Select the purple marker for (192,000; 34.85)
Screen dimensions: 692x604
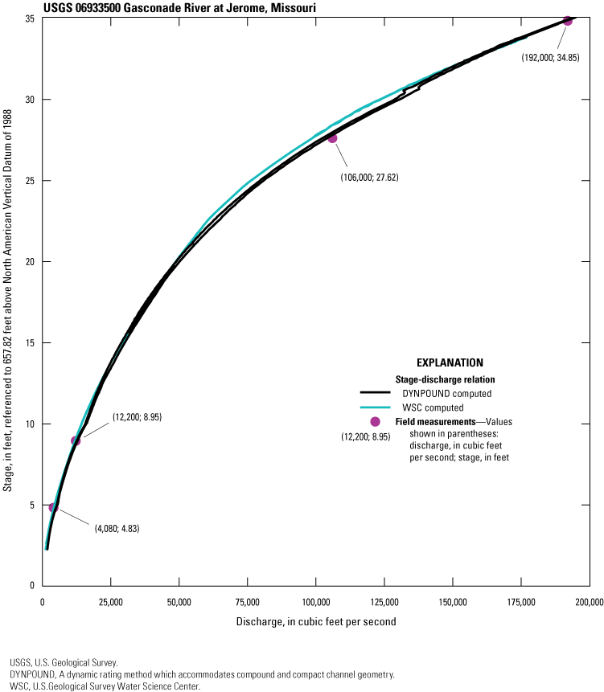point(567,21)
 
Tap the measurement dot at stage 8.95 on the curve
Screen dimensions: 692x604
point(76,440)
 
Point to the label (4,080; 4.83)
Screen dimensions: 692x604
point(112,529)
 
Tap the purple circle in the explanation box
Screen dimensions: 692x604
point(376,422)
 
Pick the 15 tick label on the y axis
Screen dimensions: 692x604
point(31,343)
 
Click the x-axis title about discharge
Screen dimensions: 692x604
point(315,622)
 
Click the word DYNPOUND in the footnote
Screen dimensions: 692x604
point(33,675)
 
